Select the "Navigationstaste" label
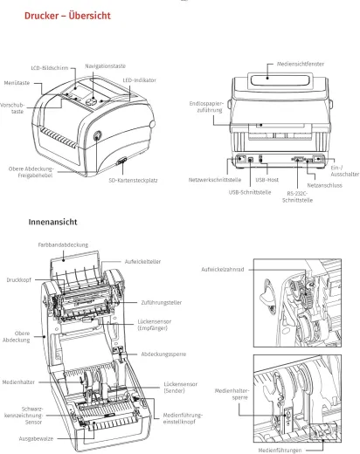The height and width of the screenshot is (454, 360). (x=107, y=65)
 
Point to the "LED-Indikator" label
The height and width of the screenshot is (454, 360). (x=139, y=79)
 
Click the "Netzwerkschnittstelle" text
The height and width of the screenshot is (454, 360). (x=215, y=180)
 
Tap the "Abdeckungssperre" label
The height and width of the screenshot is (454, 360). (x=163, y=354)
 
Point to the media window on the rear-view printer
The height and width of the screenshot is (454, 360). (x=279, y=84)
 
